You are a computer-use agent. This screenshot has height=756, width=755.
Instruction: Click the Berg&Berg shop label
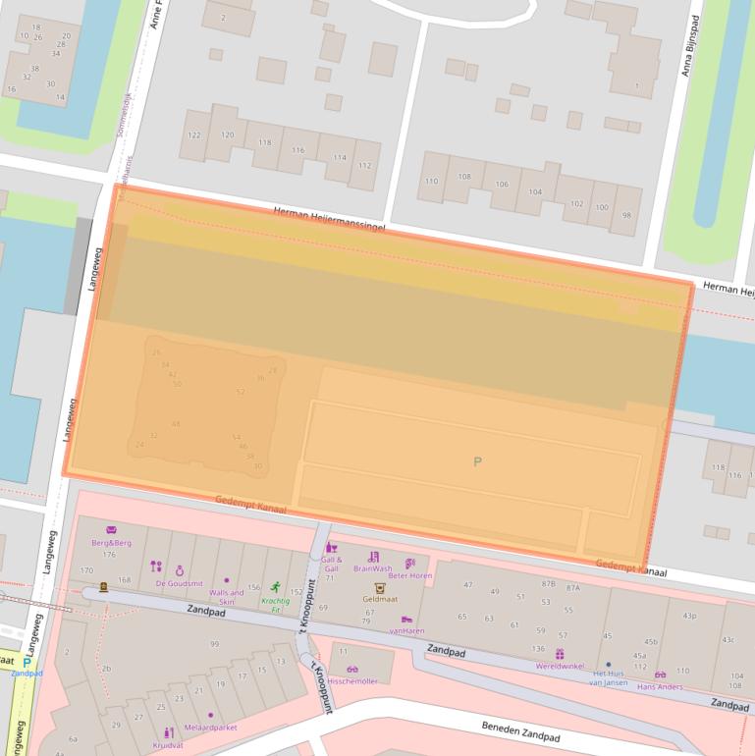(111, 543)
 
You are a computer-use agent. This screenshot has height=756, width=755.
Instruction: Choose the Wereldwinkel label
(561, 666)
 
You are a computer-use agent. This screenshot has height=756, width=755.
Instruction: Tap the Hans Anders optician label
(660, 686)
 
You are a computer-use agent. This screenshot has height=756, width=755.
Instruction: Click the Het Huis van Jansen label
(608, 678)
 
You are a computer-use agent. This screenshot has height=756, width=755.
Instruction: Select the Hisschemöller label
(352, 680)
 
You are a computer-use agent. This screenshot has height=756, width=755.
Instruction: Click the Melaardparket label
(210, 728)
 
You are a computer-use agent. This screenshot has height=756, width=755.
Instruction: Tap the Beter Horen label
(409, 575)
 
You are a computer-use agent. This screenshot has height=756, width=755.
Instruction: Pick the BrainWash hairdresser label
(373, 568)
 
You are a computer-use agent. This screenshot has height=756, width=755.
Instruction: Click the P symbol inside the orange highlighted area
(478, 461)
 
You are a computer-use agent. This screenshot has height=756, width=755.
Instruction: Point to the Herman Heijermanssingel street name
(329, 218)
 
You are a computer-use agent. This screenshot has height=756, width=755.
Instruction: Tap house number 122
(193, 135)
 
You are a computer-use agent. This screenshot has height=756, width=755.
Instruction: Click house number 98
(626, 215)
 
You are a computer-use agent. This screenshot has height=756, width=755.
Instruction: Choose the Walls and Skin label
(226, 597)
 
